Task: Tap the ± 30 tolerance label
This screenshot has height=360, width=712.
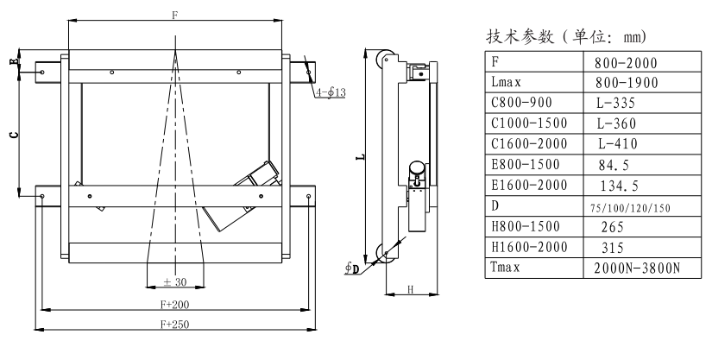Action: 176,281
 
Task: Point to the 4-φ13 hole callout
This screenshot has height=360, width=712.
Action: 330,92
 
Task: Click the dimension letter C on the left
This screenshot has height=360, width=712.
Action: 11,135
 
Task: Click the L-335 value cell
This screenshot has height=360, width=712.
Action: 616,103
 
